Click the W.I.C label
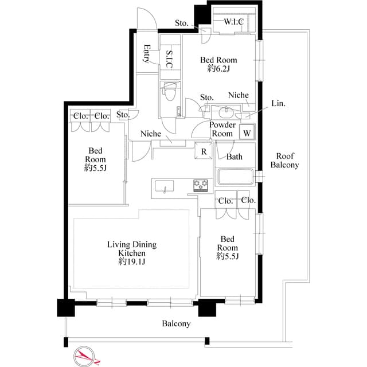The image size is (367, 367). tap(233, 22)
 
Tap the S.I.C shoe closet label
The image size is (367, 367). tap(170, 60)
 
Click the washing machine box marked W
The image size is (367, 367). tap(247, 132)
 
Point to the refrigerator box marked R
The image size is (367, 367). tap(204, 151)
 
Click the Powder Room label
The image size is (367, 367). tap(222, 129)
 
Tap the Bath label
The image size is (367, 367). tap(235, 157)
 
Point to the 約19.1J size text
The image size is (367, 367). tap(131, 261)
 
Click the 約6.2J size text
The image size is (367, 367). tap(218, 69)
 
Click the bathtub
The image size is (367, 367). tap(236, 177)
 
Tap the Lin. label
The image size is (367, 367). tap(279, 104)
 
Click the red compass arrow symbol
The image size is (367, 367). tap(84, 356)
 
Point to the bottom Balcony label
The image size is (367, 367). tap(176, 323)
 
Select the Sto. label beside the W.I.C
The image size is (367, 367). tap(182, 24)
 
